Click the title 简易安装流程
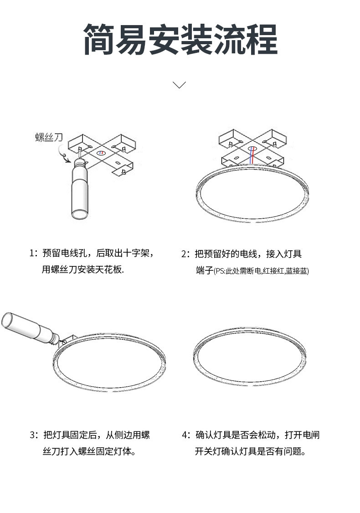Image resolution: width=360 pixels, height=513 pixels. tap(180, 39)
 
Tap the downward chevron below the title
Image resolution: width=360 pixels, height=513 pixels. tap(179, 85)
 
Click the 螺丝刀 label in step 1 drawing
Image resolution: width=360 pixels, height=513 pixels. tap(49, 137)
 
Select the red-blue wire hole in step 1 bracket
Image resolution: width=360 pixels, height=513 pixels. tap(101, 153)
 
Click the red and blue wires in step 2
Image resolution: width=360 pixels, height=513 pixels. tap(252, 155)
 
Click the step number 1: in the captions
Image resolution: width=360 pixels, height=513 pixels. tap(34, 253)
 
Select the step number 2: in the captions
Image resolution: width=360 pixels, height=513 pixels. tap(186, 254)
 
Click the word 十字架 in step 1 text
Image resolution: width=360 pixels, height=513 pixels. tap(136, 253)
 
